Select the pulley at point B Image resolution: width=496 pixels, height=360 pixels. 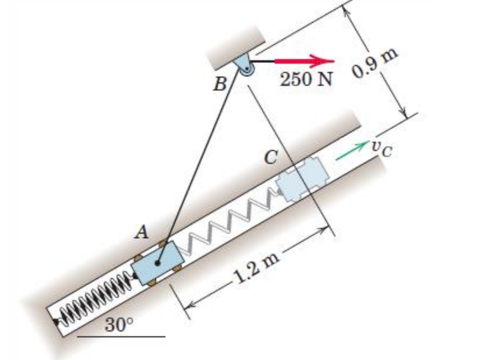[245, 68]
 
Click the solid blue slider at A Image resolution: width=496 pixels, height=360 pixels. [157, 264]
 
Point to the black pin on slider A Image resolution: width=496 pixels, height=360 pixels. [158, 263]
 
